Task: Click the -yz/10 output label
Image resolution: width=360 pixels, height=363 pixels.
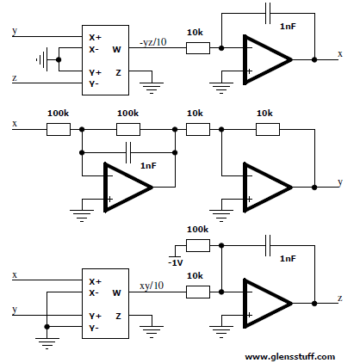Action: [153, 42]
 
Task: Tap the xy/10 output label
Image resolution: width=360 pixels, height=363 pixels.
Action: [152, 286]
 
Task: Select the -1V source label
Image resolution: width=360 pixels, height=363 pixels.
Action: [176, 262]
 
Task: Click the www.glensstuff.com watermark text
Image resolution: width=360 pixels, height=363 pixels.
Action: [290, 357]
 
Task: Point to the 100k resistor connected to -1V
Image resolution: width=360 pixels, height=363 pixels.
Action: [198, 246]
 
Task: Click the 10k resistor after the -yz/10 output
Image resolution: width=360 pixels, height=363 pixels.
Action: [198, 48]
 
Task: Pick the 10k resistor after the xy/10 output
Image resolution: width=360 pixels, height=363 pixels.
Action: [198, 292]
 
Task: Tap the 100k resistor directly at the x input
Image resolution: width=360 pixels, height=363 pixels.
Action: [59, 129]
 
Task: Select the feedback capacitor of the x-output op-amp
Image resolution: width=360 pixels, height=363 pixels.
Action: [268, 14]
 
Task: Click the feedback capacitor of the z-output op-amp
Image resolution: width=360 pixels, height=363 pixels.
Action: [268, 246]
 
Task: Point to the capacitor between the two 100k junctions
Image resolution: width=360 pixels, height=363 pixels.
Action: [128, 152]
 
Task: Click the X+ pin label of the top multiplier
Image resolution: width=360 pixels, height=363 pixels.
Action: [95, 38]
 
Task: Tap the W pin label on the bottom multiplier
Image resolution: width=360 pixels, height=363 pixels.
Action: [116, 293]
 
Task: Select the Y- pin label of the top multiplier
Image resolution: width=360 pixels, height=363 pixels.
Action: [94, 84]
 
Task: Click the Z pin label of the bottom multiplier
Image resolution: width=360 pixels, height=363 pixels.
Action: [118, 317]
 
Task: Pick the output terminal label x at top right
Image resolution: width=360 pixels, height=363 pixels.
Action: [340, 54]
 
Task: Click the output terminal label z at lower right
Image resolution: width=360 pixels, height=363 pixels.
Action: [340, 298]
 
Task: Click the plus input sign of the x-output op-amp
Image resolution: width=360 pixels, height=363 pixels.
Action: [249, 71]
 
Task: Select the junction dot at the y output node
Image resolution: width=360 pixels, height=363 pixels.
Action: [314, 188]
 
